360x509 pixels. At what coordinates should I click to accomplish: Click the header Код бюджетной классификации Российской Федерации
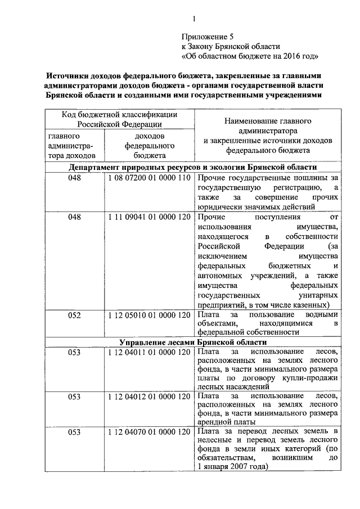(119, 119)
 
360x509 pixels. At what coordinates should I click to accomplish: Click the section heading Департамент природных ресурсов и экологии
(193, 168)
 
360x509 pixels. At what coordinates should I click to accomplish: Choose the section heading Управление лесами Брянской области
(193, 342)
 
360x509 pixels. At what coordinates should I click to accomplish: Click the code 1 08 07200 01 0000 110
(150, 178)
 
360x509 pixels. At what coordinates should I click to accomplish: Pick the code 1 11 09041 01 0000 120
(150, 217)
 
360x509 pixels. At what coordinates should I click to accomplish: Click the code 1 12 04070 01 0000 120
(150, 431)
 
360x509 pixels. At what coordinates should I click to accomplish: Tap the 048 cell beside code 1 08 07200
(75, 178)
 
